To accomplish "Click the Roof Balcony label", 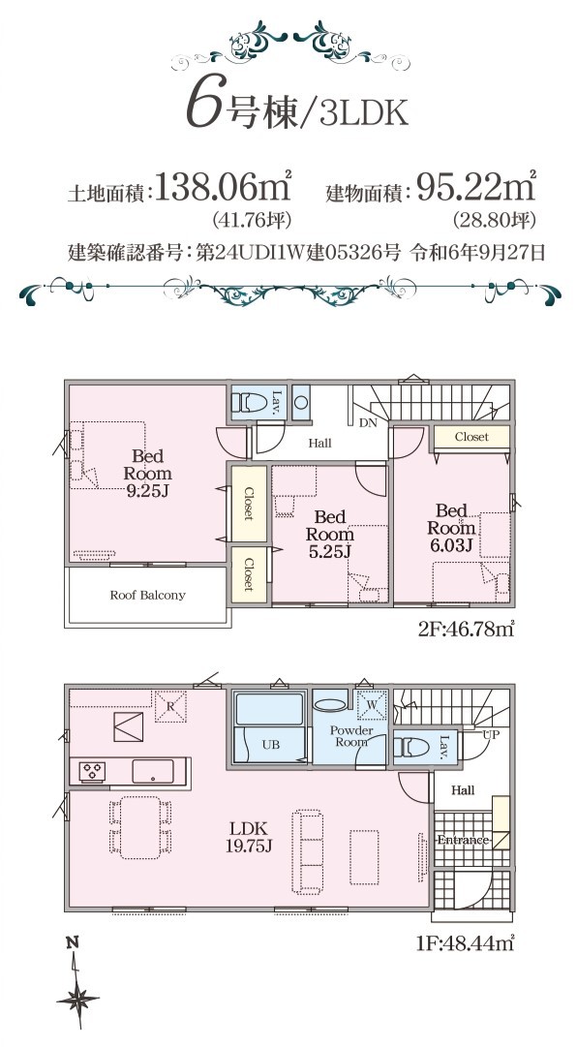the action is coord(147,595).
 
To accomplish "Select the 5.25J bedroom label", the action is coord(329,535).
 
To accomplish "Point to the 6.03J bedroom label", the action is coord(451,529).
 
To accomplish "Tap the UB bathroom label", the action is coord(270,745).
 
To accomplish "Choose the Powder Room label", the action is coord(351,736).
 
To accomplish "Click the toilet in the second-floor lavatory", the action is coord(248,403).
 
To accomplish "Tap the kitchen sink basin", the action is coord(153,771).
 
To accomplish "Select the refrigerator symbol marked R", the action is coord(170,706).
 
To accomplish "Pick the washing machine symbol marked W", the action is coord(371,704).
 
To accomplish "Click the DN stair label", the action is coord(367,422).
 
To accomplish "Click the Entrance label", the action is coord(463,840).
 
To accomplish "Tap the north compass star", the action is coord(78,1000).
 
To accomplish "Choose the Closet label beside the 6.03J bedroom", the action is coord(471,437).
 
